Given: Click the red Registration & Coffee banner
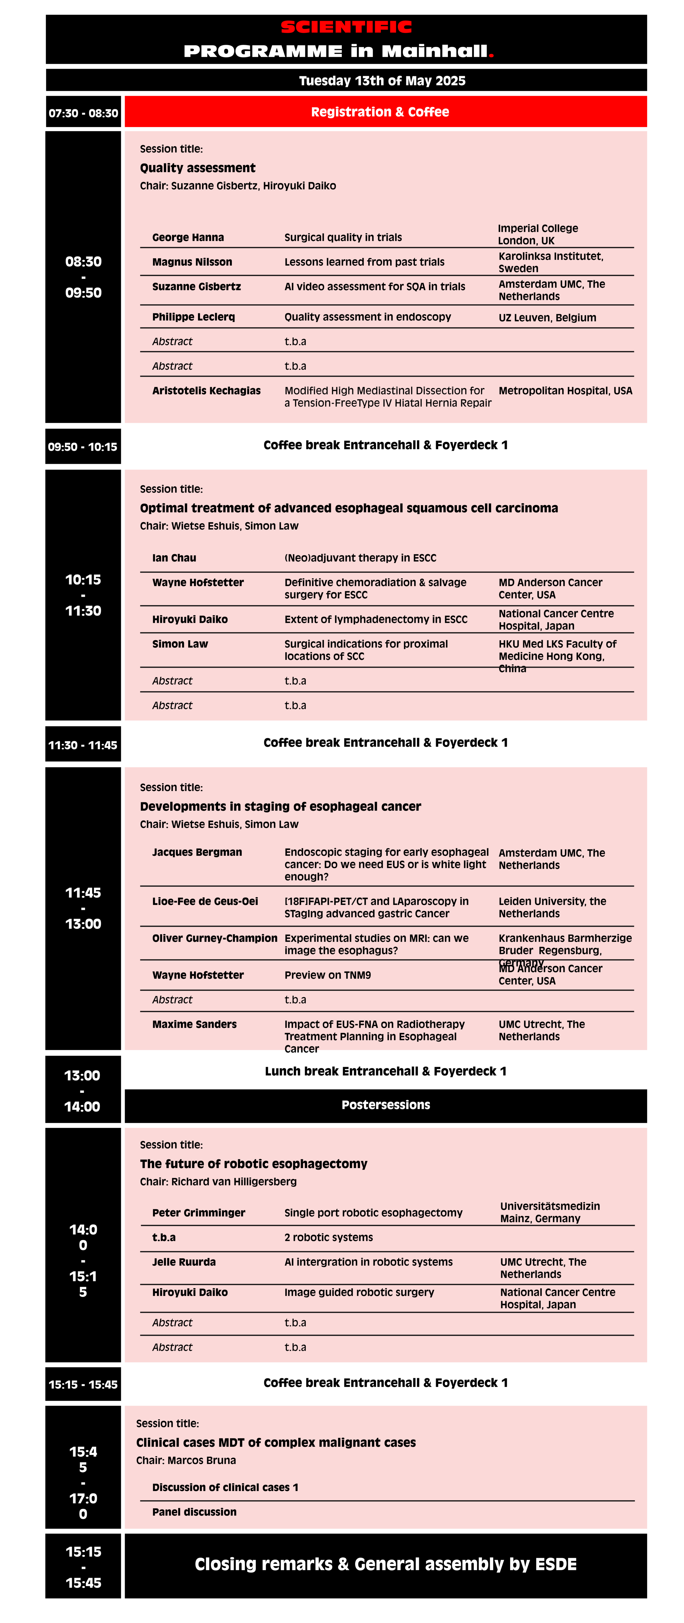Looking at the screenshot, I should point(386,112).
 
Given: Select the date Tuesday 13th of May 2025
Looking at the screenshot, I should point(382,81).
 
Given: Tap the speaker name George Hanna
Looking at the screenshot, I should point(188,238).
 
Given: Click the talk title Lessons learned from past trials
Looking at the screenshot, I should point(364,262).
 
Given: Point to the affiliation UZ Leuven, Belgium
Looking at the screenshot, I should point(547,318).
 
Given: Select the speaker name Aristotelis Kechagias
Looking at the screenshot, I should point(206,391).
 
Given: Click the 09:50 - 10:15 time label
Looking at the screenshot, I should point(83,447).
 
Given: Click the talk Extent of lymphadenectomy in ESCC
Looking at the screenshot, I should point(375,619).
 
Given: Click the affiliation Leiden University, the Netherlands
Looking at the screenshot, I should point(552,907).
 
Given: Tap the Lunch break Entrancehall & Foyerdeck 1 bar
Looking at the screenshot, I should point(386,1071).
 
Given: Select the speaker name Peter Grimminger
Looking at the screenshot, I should point(198,1213).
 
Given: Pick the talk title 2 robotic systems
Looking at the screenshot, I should point(328,1238).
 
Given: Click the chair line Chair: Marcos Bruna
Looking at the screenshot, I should point(186,1460).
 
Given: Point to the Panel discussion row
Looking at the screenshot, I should point(194,1512).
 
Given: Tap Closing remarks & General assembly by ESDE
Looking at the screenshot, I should point(386,1564).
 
